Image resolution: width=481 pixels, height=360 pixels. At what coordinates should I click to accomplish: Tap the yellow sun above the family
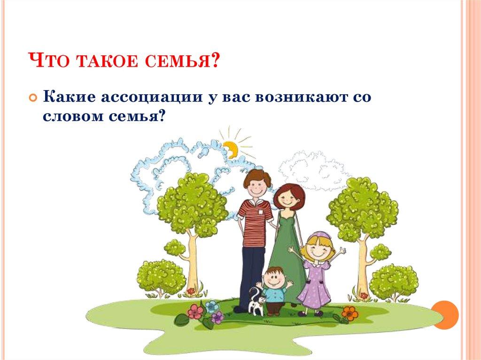(231, 148)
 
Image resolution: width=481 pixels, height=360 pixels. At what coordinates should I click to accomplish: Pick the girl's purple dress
(313, 286)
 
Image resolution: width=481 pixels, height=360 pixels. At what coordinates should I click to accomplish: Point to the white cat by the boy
(256, 303)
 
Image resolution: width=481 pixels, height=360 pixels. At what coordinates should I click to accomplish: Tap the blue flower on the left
(212, 306)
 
